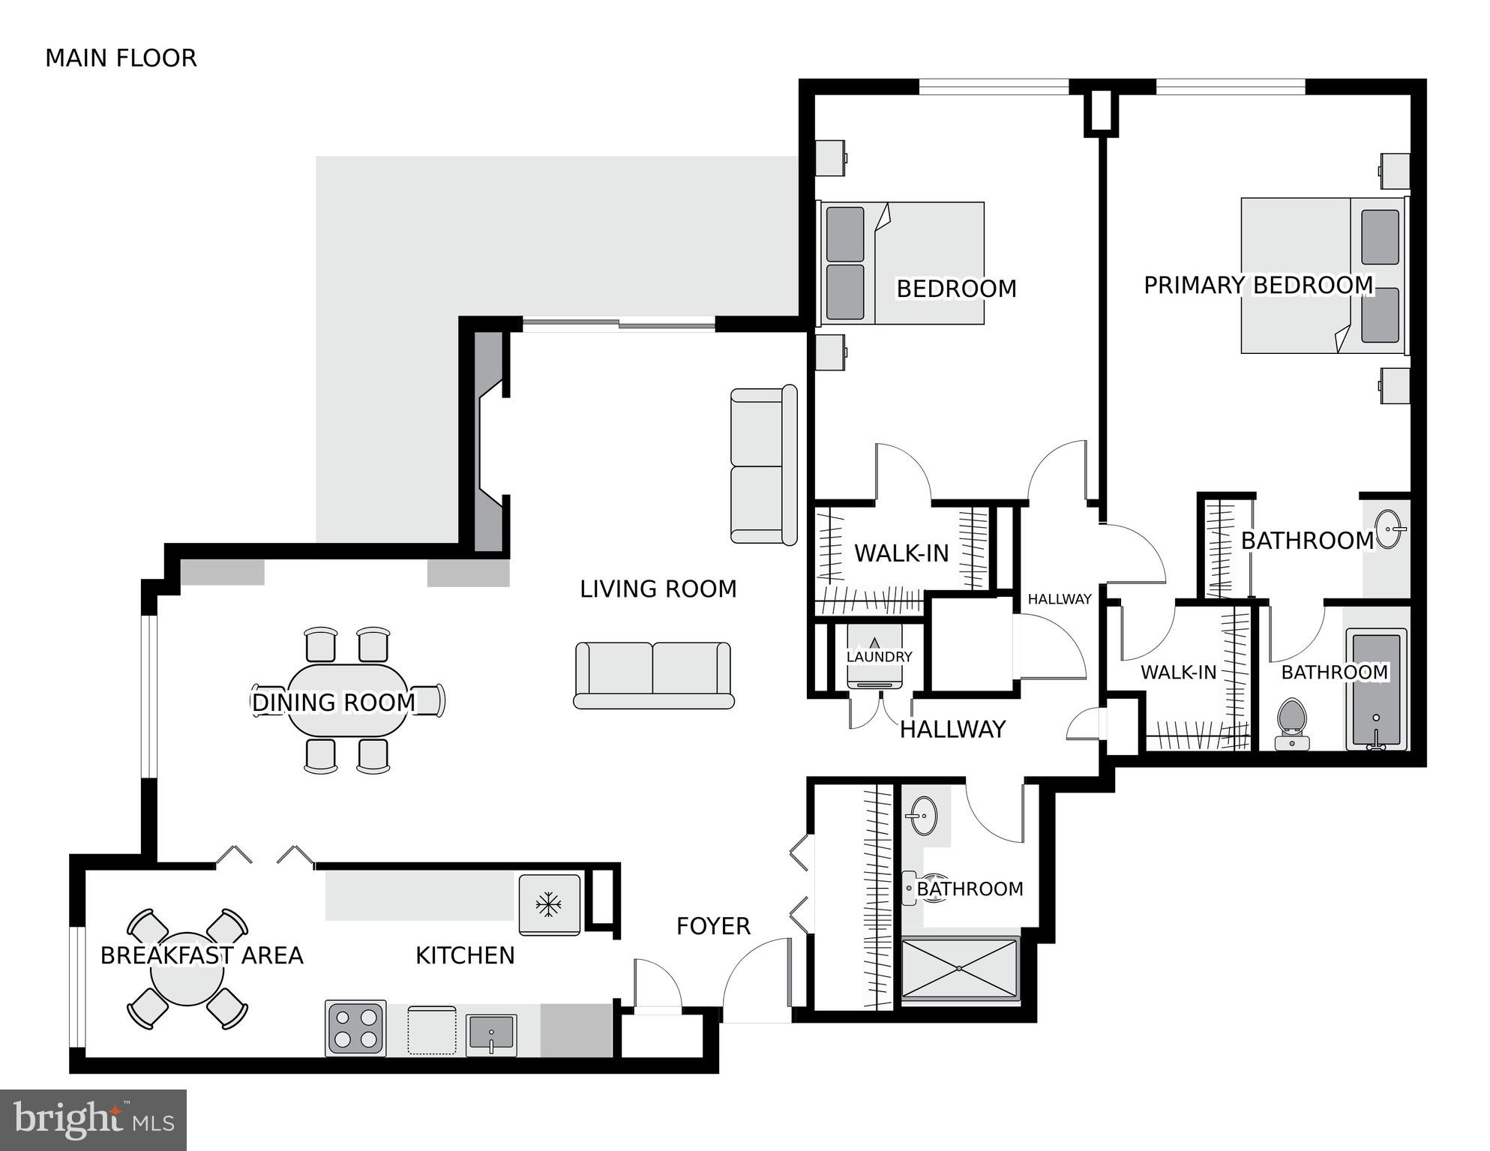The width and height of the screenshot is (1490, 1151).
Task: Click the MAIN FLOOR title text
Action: (x=121, y=58)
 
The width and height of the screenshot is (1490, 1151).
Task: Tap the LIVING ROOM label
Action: (x=658, y=589)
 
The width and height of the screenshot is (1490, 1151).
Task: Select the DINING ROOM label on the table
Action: (x=333, y=703)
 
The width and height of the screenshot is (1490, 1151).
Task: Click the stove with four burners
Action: (x=355, y=1029)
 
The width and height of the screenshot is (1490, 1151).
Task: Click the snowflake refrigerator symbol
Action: (x=549, y=904)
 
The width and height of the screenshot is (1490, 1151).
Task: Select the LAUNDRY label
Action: (x=879, y=657)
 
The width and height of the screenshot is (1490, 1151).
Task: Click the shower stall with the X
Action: (x=959, y=968)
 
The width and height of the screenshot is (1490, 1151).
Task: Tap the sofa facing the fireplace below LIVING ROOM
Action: (x=653, y=674)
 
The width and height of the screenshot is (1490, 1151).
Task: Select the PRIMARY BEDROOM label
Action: (x=1258, y=286)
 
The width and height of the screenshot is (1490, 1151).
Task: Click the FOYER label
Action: (x=713, y=926)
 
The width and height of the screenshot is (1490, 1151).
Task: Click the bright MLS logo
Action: (x=93, y=1120)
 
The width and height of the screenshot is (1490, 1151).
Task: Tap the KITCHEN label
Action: (x=465, y=955)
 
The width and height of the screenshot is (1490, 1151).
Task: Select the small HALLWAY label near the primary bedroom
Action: (x=1059, y=599)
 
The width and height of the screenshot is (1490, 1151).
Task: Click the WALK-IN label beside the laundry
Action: (x=901, y=553)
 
